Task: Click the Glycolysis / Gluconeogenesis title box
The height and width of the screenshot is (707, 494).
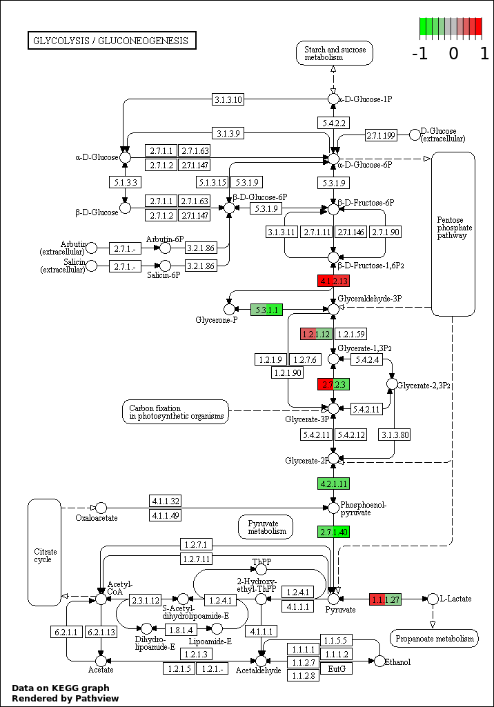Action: click(x=112, y=41)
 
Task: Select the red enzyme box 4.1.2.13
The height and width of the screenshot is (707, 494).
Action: click(x=333, y=281)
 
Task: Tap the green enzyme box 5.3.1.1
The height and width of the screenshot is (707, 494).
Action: click(x=266, y=310)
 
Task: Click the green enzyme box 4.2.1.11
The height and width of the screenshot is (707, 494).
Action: click(x=333, y=483)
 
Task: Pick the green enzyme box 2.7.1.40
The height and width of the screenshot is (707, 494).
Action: click(x=333, y=532)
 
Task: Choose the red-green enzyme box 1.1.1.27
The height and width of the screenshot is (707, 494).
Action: click(x=385, y=599)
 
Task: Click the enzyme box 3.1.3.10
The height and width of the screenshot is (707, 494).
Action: click(x=228, y=100)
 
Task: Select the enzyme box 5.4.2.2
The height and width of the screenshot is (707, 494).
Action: click(x=333, y=123)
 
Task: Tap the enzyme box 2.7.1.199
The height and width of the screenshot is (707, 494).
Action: click(x=381, y=135)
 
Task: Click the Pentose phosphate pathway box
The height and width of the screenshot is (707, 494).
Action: click(x=453, y=234)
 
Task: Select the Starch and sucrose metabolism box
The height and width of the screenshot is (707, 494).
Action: click(x=334, y=53)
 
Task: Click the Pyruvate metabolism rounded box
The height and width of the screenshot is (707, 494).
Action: click(x=266, y=527)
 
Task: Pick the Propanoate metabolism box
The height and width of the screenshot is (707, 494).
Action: click(x=434, y=639)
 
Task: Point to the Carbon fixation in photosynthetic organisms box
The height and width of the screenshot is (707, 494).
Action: click(x=176, y=412)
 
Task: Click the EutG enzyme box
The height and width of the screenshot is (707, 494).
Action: click(x=337, y=668)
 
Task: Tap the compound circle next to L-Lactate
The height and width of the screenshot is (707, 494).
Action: click(x=433, y=599)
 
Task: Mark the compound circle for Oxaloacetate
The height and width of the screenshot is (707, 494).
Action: click(x=101, y=508)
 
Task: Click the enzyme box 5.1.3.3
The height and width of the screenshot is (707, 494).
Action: click(x=125, y=183)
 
